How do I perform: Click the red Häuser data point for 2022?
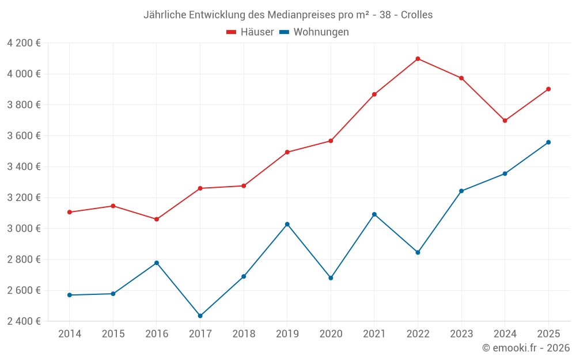point(418,59)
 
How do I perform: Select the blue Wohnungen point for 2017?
point(200,316)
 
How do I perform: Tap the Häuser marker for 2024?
point(505,120)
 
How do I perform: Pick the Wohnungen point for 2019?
point(287,224)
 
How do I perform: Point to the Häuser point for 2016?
point(157,219)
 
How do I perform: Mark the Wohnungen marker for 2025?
point(548,142)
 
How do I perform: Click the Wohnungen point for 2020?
point(331,278)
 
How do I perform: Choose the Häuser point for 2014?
point(70,212)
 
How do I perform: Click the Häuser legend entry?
point(250,32)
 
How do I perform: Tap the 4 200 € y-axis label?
point(24,43)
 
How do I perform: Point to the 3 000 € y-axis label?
point(24,229)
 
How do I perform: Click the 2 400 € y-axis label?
point(24,321)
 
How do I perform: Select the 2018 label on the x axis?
point(244,334)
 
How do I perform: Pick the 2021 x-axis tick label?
point(374,334)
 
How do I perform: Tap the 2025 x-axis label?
point(548,334)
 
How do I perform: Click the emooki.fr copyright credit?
point(525,348)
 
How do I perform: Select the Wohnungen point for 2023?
point(461,191)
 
